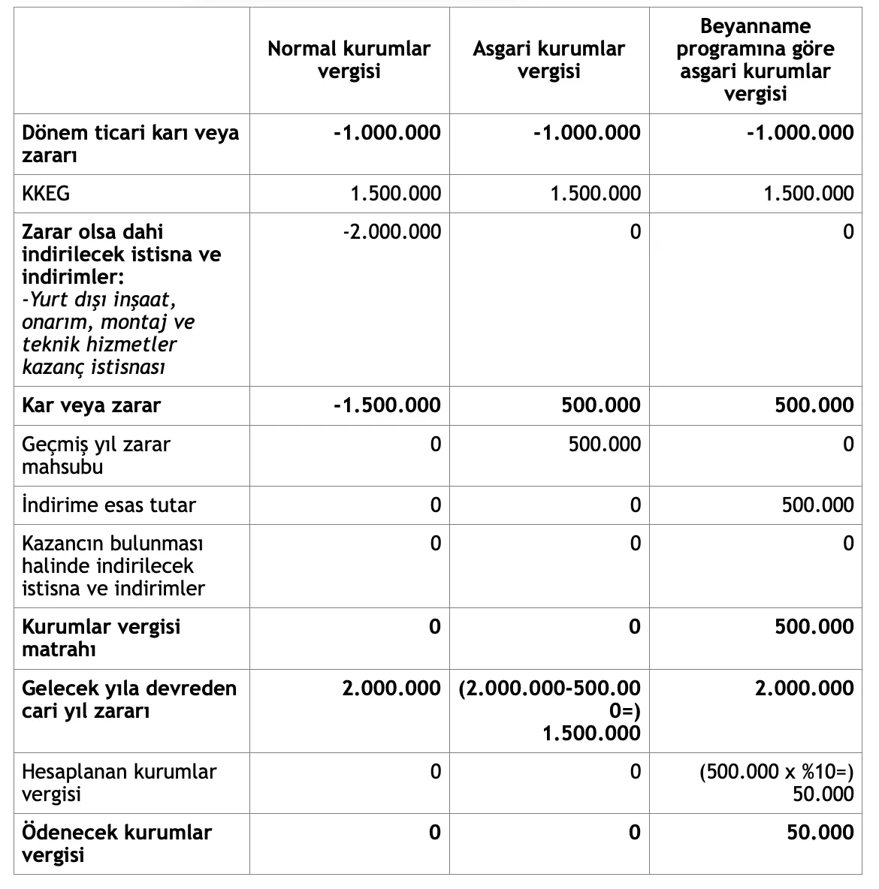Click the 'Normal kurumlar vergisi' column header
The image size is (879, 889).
pyautogui.click(x=349, y=60)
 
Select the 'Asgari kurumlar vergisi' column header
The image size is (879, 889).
pyautogui.click(x=549, y=60)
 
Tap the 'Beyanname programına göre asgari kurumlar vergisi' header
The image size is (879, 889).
pyautogui.click(x=755, y=60)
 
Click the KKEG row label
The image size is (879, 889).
pyautogui.click(x=46, y=194)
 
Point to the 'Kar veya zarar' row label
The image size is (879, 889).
pyautogui.click(x=91, y=405)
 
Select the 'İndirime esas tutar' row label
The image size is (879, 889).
pyautogui.click(x=108, y=505)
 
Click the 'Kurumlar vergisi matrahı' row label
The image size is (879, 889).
pyautogui.click(x=101, y=637)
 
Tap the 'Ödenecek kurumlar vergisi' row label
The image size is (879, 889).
pyautogui.click(x=116, y=843)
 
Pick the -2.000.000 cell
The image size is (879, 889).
pyautogui.click(x=391, y=231)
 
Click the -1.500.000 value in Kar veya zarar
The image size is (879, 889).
pyautogui.click(x=387, y=405)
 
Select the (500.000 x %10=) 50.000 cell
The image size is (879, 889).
pyautogui.click(x=777, y=782)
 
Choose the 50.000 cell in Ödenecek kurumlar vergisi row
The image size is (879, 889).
pyautogui.click(x=820, y=832)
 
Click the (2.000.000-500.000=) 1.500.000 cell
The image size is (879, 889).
pyautogui.click(x=550, y=710)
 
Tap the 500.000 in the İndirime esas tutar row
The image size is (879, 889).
pyautogui.click(x=817, y=505)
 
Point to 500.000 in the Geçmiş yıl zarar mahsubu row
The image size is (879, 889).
pyautogui.click(x=604, y=444)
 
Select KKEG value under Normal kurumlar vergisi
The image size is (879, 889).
pyautogui.click(x=396, y=194)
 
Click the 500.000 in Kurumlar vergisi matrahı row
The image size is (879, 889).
pyautogui.click(x=814, y=626)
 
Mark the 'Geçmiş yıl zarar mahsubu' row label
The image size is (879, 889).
pyautogui.click(x=96, y=455)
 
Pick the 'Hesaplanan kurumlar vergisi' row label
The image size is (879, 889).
pyautogui.click(x=119, y=782)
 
